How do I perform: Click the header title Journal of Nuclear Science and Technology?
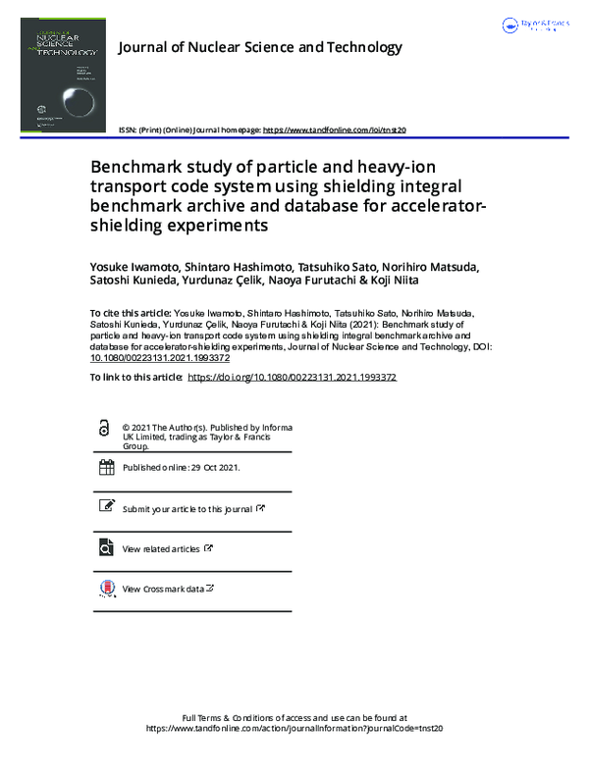[x=260, y=47]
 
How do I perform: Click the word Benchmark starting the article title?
[x=138, y=167]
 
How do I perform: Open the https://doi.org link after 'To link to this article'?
[x=292, y=377]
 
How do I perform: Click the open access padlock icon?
[x=105, y=430]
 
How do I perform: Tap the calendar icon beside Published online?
[x=106, y=468]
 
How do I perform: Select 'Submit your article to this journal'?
[x=187, y=509]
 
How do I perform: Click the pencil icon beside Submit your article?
[x=106, y=507]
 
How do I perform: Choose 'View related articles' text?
[x=161, y=549]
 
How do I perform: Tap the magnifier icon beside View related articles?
[x=106, y=548]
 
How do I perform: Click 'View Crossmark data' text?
[x=163, y=590]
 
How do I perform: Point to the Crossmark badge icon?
[x=106, y=590]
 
